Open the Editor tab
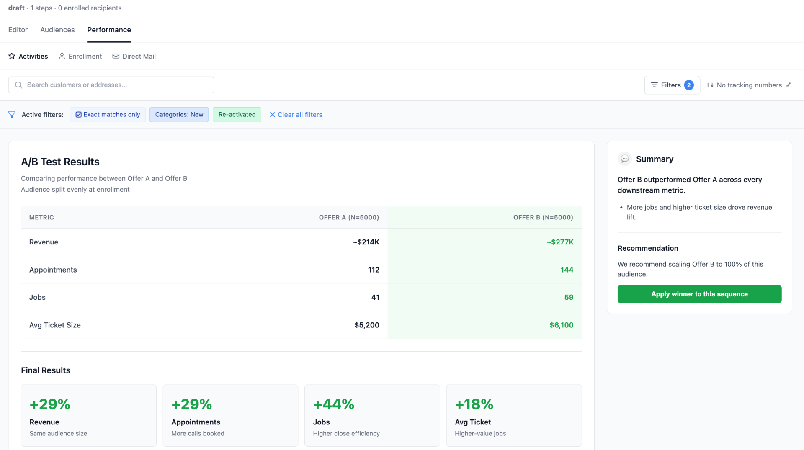tap(18, 30)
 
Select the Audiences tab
tap(57, 30)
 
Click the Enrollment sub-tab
tap(80, 56)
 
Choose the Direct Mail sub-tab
tap(134, 56)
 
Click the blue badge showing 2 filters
tap(689, 85)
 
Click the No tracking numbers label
tap(749, 85)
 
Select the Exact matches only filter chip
tap(108, 115)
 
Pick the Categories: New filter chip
tap(179, 115)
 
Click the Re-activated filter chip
tap(237, 115)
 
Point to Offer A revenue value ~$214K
tap(366, 242)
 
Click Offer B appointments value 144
tap(567, 270)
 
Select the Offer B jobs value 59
tap(569, 297)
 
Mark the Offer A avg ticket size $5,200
tap(366, 325)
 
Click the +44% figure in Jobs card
tap(333, 404)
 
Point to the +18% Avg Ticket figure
tap(474, 404)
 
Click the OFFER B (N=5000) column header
tap(543, 217)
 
